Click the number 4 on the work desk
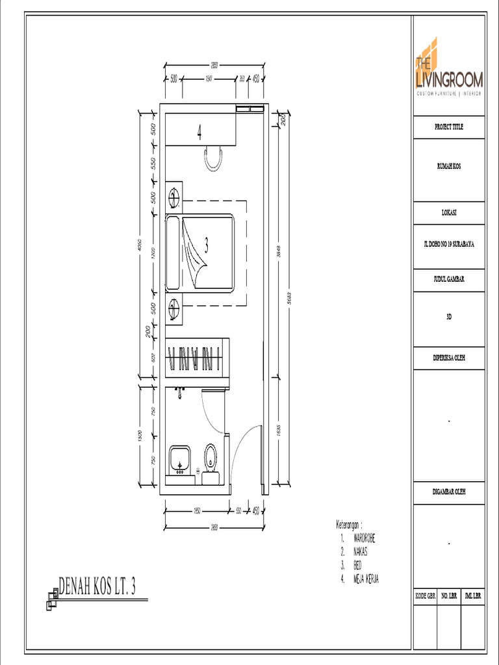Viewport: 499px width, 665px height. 199,134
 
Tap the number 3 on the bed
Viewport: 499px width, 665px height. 207,245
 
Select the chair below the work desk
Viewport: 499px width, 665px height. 214,158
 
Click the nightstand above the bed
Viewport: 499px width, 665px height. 174,195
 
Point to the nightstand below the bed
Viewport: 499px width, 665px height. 174,309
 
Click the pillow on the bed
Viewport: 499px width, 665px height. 173,253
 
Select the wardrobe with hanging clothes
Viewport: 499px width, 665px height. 196,358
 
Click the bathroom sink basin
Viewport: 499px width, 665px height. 179,459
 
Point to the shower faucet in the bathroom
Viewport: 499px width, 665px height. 180,392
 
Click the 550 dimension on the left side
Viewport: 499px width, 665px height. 153,163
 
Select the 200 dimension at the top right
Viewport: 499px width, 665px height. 283,119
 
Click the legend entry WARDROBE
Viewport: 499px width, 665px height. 365,538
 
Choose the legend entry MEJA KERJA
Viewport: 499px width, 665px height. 366,578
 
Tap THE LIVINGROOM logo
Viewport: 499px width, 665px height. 449,71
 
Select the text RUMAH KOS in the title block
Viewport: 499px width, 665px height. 449,166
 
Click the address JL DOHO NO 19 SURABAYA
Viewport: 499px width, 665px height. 449,245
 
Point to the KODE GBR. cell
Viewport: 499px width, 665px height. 426,595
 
